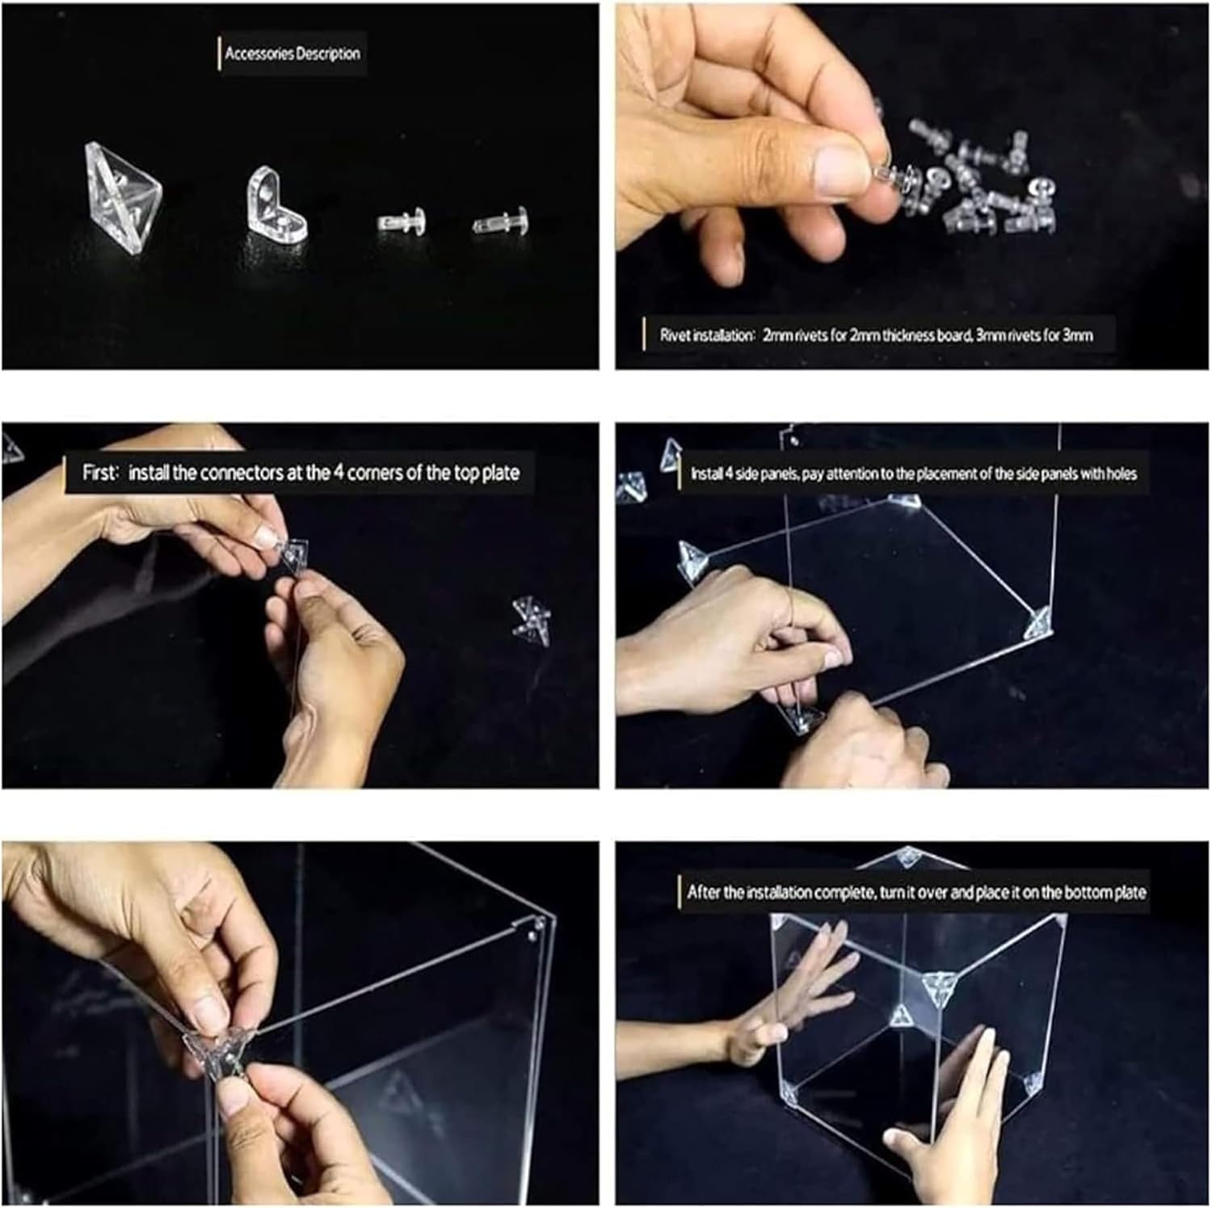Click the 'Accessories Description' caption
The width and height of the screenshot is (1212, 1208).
tap(292, 54)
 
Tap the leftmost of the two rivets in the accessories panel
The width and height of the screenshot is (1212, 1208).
tap(402, 222)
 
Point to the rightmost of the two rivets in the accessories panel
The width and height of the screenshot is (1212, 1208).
tap(501, 223)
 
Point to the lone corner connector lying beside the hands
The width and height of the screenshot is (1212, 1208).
tap(531, 621)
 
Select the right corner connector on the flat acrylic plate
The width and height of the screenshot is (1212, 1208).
tap(1037, 623)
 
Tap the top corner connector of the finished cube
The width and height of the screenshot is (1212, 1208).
tap(908, 857)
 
